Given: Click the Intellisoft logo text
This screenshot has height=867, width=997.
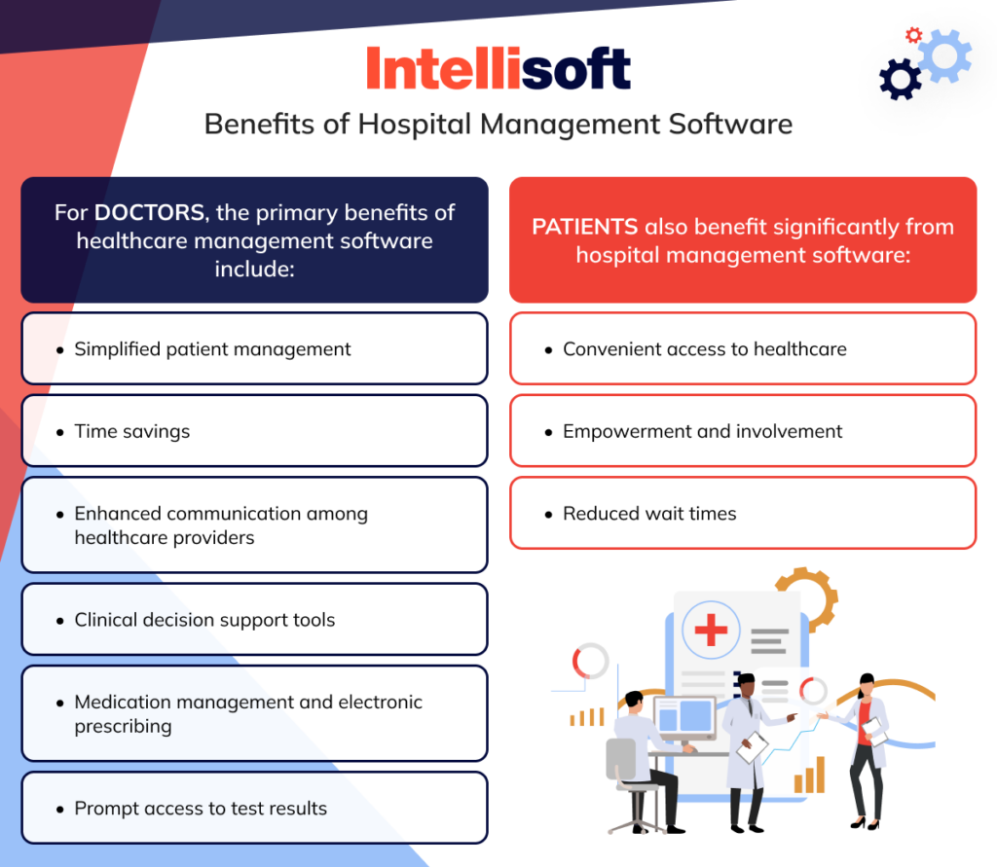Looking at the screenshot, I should click(498, 69).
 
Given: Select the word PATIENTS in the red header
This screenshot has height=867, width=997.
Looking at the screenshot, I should click(584, 227).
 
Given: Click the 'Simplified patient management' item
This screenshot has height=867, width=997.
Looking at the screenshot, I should click(212, 349).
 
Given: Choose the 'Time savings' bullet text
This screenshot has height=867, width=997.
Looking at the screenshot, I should click(132, 431).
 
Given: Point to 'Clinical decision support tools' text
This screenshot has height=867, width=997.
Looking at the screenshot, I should click(204, 620).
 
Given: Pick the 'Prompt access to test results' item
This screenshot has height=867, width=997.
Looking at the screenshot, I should click(201, 809).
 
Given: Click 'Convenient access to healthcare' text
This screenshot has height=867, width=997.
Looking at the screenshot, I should click(704, 349).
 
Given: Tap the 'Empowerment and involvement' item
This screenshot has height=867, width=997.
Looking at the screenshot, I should click(702, 431).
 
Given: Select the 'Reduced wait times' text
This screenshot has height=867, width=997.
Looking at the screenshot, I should click(649, 514).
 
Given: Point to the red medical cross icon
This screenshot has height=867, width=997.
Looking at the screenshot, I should click(711, 630).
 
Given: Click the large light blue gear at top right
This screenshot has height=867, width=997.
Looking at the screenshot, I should click(943, 56).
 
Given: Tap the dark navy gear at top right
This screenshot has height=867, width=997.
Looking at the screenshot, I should click(900, 79).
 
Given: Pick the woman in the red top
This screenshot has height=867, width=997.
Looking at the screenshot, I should click(864, 744).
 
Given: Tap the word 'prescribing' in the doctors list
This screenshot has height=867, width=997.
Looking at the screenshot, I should click(123, 726).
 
